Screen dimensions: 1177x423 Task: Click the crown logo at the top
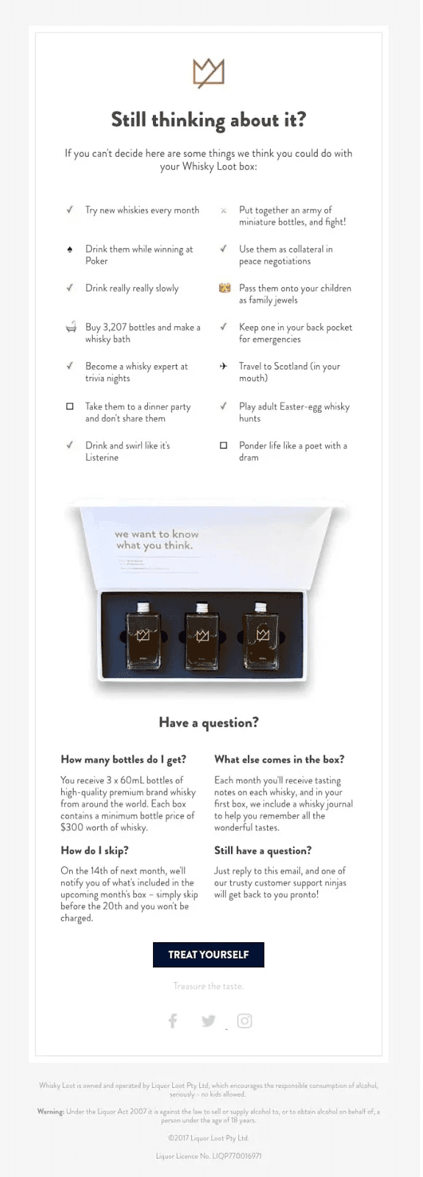[208, 73]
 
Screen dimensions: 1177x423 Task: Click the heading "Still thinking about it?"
[208, 120]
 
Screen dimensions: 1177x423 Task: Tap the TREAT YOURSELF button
[208, 955]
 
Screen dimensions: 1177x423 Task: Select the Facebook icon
[173, 1020]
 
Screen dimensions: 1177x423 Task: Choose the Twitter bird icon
[208, 1021]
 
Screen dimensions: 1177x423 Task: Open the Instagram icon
[245, 1020]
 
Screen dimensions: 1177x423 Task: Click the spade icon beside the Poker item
[70, 250]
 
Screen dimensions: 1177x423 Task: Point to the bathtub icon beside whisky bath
[71, 328]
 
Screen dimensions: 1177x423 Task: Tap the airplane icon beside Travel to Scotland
[224, 366]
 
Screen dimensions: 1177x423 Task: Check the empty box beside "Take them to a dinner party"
[70, 406]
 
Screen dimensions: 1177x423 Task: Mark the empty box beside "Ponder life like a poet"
[224, 445]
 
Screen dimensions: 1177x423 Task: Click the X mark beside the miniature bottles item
[224, 211]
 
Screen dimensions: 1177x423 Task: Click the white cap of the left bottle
[145, 607]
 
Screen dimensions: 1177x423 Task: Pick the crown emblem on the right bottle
[263, 635]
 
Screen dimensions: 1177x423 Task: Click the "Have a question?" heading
[208, 723]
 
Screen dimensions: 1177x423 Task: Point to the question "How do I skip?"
[94, 850]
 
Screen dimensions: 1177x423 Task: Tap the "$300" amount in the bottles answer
[73, 827]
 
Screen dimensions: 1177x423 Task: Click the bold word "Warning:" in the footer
[51, 1111]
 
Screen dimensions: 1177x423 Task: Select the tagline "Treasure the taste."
[208, 986]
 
